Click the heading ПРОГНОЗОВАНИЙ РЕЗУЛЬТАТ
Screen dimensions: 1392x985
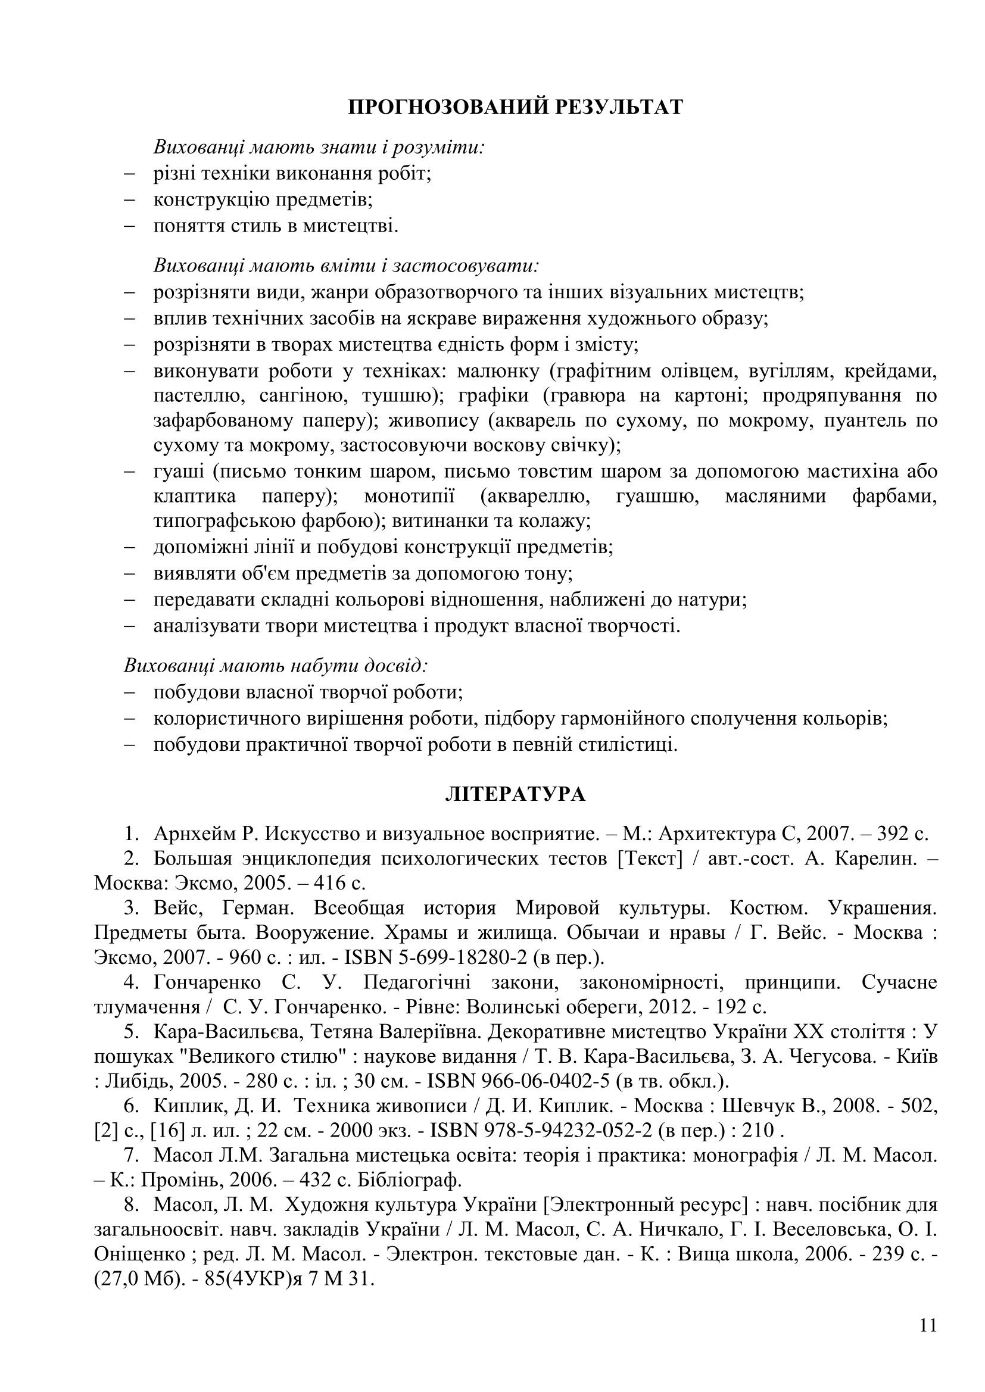pyautogui.click(x=516, y=107)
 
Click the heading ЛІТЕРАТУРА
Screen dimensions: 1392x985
pyautogui.click(x=516, y=795)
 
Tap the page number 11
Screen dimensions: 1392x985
pyautogui.click(x=928, y=1325)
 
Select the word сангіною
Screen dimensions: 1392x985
pyautogui.click(x=301, y=396)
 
